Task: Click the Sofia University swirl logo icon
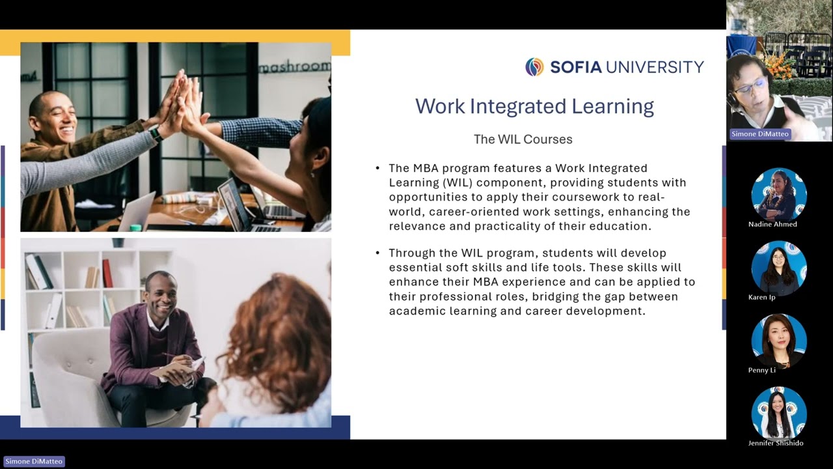tap(534, 67)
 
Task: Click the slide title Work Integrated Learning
tap(534, 106)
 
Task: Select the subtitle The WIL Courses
tap(523, 139)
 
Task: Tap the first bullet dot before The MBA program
tap(377, 169)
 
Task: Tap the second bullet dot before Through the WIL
tap(377, 253)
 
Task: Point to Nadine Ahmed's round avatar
tap(779, 194)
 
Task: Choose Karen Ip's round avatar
tap(779, 268)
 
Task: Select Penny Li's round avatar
tap(779, 341)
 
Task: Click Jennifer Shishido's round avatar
tap(779, 414)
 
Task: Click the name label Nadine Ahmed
tap(772, 224)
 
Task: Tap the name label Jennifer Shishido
tap(776, 444)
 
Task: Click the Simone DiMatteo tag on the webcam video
tap(760, 134)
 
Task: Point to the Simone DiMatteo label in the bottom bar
tap(34, 461)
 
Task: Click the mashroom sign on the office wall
tap(295, 67)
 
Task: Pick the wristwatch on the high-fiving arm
tap(156, 134)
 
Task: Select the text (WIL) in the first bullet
tap(443, 183)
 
